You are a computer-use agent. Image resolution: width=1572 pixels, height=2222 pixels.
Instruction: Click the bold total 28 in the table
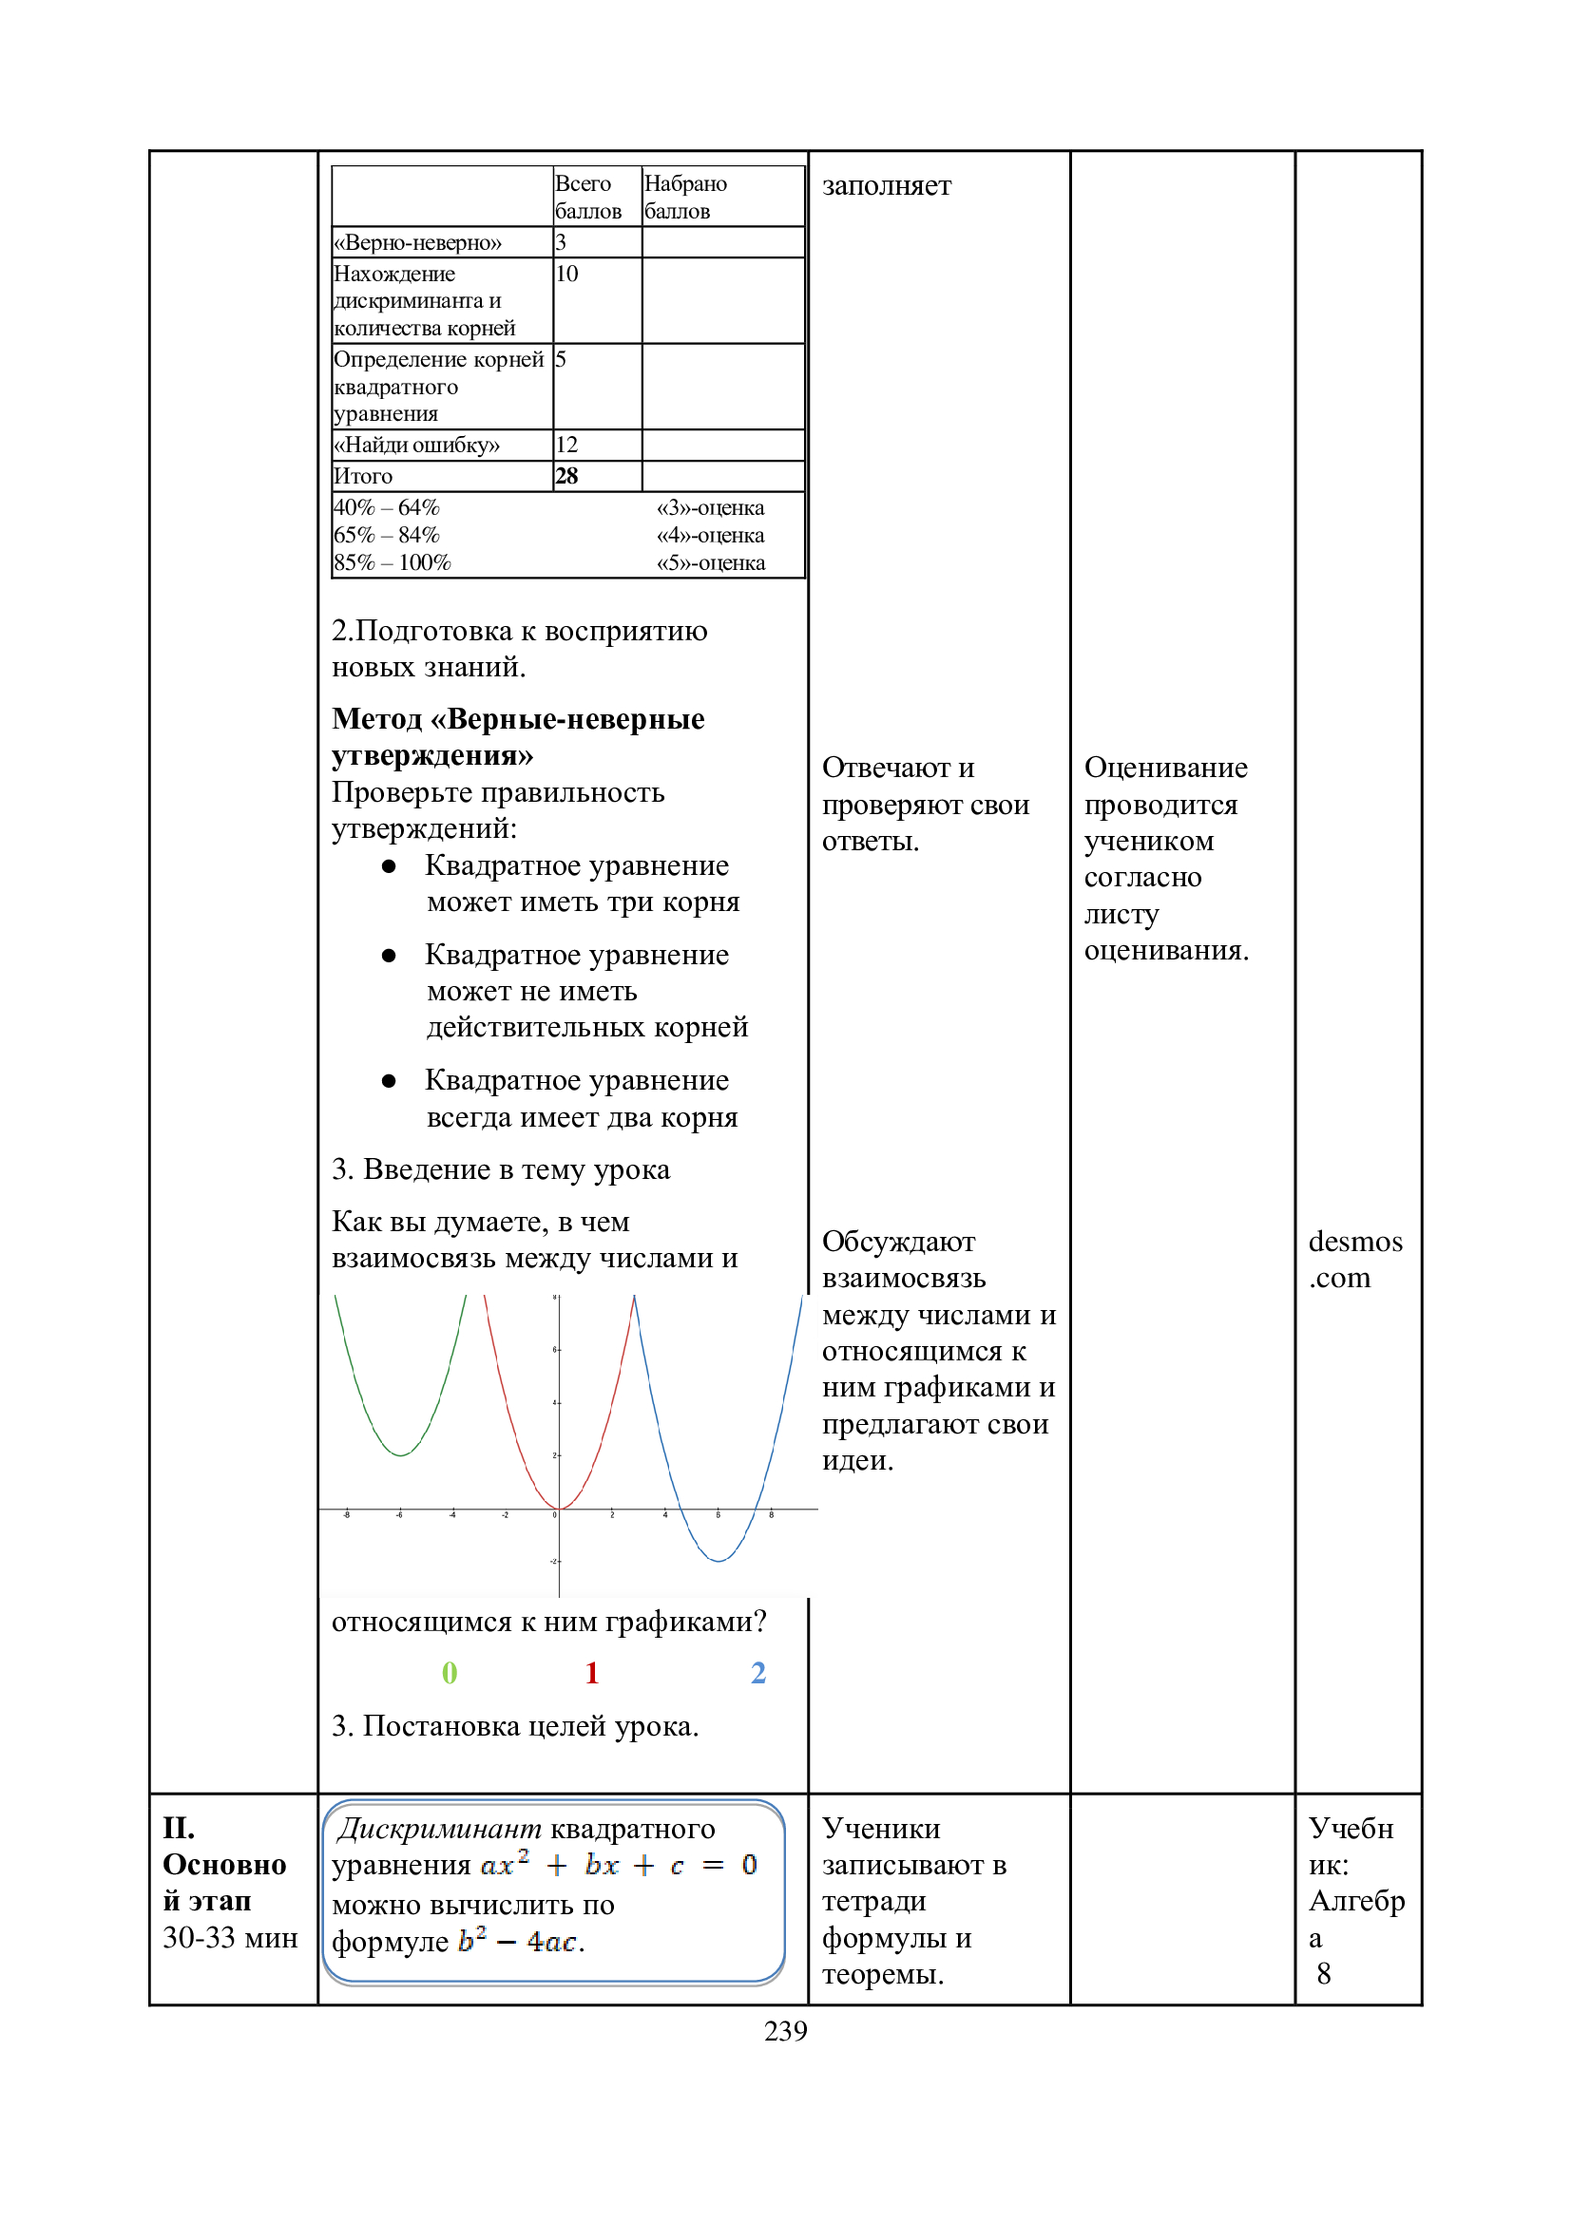[x=566, y=476]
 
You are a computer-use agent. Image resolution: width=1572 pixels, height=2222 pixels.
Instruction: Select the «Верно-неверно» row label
[x=417, y=242]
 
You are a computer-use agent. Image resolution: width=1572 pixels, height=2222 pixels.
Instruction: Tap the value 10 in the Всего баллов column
[x=566, y=274]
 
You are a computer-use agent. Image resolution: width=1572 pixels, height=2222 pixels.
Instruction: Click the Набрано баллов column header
[x=685, y=197]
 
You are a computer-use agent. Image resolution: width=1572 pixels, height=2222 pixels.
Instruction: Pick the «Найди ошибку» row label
[x=416, y=446]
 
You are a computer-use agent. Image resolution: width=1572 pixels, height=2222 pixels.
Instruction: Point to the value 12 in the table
[x=566, y=446]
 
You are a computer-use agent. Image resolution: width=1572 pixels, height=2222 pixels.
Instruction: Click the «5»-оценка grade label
[x=711, y=562]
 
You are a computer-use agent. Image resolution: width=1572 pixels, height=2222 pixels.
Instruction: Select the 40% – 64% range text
[x=386, y=507]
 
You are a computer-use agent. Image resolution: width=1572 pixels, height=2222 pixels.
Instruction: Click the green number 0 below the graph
[x=450, y=1672]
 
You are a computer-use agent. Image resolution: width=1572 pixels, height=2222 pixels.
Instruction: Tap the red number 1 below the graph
[x=591, y=1672]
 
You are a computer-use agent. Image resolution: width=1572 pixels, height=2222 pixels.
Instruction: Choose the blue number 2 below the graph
[x=757, y=1672]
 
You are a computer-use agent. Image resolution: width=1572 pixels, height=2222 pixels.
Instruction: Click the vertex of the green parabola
[x=400, y=1455]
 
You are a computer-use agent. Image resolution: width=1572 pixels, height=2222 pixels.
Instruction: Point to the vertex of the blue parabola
[x=719, y=1560]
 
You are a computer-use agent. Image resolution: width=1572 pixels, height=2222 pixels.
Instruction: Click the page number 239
[x=785, y=2030]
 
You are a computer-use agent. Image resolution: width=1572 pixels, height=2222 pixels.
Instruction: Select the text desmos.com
[x=1354, y=1259]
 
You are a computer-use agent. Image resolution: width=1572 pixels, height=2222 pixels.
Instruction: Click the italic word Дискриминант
[x=438, y=1828]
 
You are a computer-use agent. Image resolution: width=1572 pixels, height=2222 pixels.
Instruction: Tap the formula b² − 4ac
[x=518, y=1941]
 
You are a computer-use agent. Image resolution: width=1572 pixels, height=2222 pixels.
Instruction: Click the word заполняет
[x=886, y=185]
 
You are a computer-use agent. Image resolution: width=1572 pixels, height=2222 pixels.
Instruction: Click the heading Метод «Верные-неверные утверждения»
[x=518, y=736]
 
